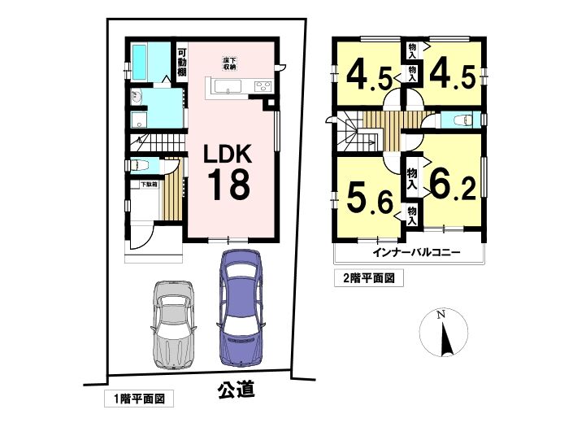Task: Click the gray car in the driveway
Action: pyautogui.click(x=173, y=325)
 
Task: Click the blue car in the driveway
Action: pyautogui.click(x=241, y=307)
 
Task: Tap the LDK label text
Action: pyautogui.click(x=228, y=154)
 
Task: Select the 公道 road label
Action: pyautogui.click(x=237, y=389)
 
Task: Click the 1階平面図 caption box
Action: pyautogui.click(x=139, y=399)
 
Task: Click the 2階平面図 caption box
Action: pyautogui.click(x=369, y=279)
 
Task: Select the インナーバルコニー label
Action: pyautogui.click(x=416, y=253)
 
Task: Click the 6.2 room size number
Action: pyautogui.click(x=453, y=185)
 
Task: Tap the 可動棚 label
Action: pyautogui.click(x=181, y=63)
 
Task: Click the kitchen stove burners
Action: pyautogui.click(x=263, y=86)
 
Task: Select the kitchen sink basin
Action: pyautogui.click(x=228, y=87)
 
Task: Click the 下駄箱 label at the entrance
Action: pyautogui.click(x=150, y=185)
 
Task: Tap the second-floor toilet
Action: pyautogui.click(x=461, y=120)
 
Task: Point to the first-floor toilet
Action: pyautogui.click(x=140, y=165)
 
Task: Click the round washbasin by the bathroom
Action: pyautogui.click(x=137, y=98)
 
